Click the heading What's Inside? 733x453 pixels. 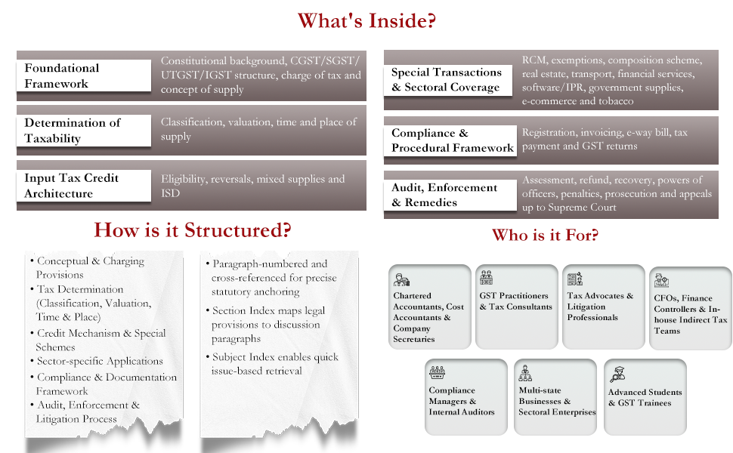click(366, 20)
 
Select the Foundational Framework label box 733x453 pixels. click(84, 75)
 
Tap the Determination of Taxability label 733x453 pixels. click(84, 131)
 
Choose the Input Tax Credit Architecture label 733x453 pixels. click(84, 186)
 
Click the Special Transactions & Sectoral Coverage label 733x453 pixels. click(448, 80)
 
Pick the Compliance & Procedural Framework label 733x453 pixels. click(450, 140)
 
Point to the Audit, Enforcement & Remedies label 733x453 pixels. click(450, 196)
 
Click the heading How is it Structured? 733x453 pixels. click(193, 230)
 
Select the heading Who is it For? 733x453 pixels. click(545, 235)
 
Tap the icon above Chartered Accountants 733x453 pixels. click(401, 280)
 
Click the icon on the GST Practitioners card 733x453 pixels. click(487, 277)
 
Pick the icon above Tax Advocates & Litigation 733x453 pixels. click(574, 279)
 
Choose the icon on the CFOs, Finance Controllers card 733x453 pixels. click(661, 280)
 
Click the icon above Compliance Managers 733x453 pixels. click(437, 372)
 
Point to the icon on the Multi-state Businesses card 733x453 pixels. click(525, 374)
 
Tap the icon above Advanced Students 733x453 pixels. click(617, 374)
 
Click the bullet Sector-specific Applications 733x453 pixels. click(100, 362)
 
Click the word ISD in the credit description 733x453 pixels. click(170, 193)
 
